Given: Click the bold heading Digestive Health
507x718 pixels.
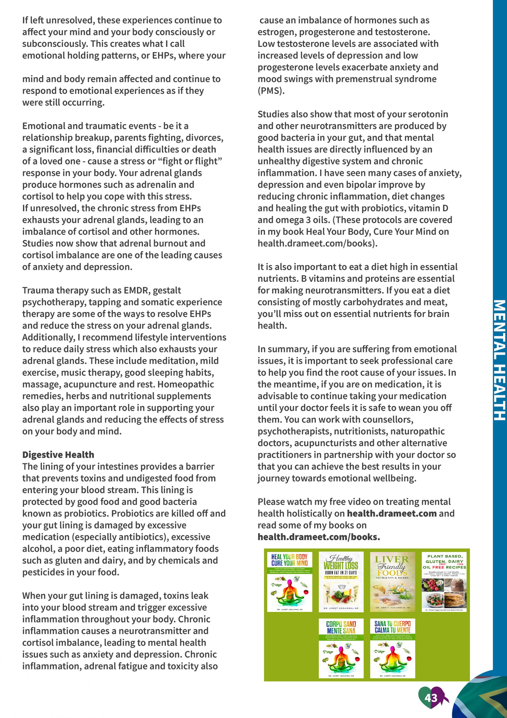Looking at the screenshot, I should click(58, 455).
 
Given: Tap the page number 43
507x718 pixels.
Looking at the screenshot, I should click(431, 698).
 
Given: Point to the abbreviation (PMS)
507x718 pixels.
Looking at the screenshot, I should click(271, 91).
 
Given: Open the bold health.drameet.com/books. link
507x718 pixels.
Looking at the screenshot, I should click(319, 537).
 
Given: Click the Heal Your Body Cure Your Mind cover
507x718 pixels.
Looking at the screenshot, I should click(290, 582).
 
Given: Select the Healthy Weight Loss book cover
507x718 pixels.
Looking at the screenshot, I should click(341, 582).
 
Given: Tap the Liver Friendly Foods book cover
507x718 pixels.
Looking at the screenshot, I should click(392, 582).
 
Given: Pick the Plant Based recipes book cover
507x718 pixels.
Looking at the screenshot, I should click(444, 582).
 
